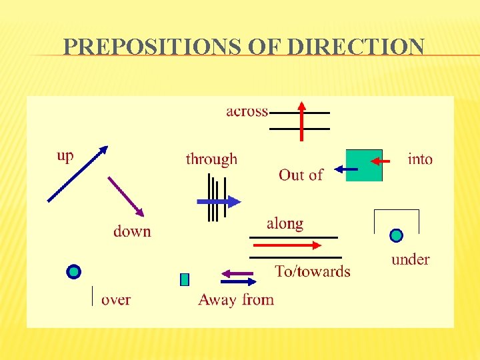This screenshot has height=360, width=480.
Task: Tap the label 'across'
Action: (x=247, y=111)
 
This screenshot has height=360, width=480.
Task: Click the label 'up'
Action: (x=65, y=155)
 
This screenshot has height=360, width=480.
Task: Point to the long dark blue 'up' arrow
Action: (x=77, y=174)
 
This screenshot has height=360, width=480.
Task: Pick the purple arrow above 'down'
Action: (x=126, y=196)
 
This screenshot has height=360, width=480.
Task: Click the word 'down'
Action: (x=132, y=231)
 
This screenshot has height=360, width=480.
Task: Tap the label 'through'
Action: (x=211, y=159)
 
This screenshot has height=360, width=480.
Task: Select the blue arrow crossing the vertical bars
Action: (x=219, y=201)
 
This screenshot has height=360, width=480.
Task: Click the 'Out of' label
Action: (x=301, y=175)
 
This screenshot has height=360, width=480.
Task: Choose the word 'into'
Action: (x=420, y=159)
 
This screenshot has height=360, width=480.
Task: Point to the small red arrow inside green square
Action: (x=380, y=161)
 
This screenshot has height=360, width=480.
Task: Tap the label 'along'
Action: (x=285, y=224)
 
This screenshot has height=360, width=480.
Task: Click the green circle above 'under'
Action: (x=396, y=235)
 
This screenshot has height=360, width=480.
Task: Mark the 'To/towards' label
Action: (x=313, y=271)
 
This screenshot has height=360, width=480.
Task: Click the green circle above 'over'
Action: (x=74, y=271)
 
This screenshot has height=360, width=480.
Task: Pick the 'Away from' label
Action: (x=236, y=300)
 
